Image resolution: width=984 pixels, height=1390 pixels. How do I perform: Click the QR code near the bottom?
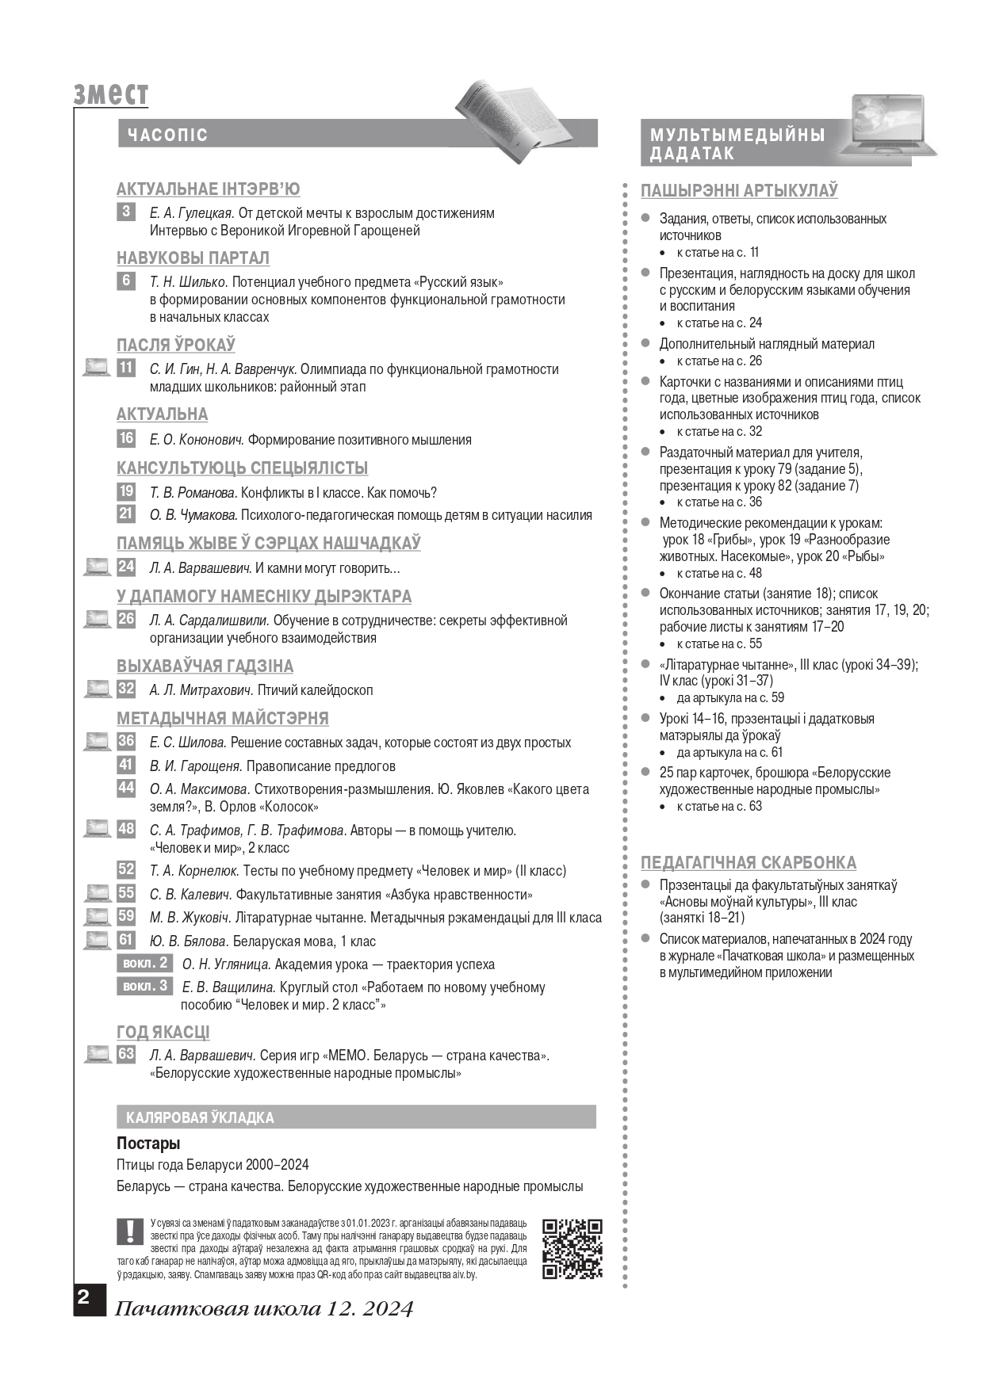[572, 1248]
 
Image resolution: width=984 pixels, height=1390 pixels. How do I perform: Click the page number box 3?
[126, 212]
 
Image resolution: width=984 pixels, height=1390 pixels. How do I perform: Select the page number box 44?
[126, 788]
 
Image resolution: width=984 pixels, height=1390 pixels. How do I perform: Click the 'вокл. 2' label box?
[144, 963]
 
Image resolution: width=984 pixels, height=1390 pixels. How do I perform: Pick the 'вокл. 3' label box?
[144, 986]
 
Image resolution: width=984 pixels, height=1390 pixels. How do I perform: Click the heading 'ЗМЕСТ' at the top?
[110, 94]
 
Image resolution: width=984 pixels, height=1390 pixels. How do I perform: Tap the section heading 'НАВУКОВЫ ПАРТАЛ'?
[193, 258]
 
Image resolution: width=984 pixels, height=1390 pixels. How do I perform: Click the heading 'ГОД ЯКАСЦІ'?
[163, 1032]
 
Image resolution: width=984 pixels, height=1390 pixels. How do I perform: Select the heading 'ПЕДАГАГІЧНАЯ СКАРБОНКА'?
[749, 862]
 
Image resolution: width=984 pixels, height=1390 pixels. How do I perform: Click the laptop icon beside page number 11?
[97, 368]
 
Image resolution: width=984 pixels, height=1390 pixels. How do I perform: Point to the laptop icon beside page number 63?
[97, 1054]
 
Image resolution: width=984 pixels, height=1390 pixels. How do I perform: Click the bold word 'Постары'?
[148, 1144]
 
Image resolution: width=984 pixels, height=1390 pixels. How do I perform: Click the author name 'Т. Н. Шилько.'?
[189, 282]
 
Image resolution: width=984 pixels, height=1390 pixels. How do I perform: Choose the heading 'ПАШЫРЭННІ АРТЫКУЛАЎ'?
[739, 191]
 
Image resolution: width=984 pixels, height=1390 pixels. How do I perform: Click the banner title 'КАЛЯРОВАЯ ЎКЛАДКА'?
[200, 1117]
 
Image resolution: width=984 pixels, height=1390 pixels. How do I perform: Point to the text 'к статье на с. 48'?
[719, 573]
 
